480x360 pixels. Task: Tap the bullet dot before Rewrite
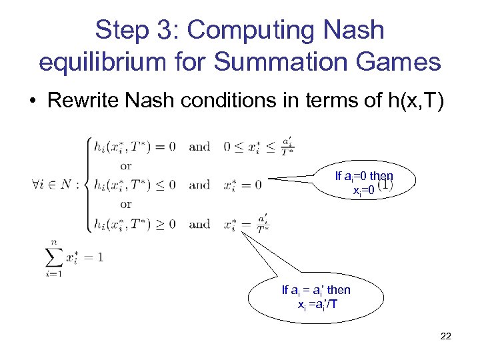click(x=33, y=101)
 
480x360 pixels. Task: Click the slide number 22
click(x=445, y=336)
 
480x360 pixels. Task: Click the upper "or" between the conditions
click(x=126, y=165)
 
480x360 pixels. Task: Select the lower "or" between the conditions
click(x=126, y=204)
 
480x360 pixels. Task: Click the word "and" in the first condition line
click(x=199, y=147)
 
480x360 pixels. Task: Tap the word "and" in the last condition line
click(x=199, y=223)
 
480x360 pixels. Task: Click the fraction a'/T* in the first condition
click(x=287, y=147)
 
